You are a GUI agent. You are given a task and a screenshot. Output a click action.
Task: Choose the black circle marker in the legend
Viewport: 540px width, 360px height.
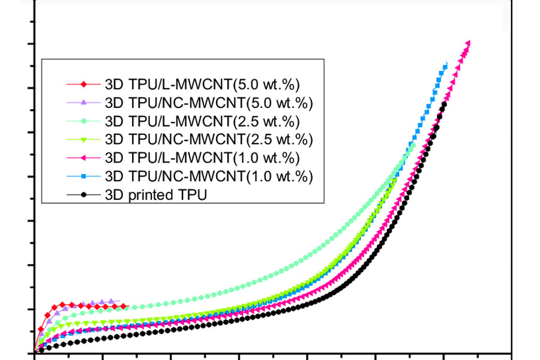pos(84,195)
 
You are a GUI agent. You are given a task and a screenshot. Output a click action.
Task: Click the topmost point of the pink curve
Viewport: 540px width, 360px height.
pos(468,43)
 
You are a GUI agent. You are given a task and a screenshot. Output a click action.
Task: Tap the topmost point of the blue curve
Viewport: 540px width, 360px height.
pos(445,65)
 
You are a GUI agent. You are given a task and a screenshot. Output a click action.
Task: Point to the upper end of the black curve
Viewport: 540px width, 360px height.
pos(444,104)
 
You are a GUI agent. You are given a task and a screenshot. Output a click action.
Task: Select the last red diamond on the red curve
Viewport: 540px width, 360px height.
pos(124,307)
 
